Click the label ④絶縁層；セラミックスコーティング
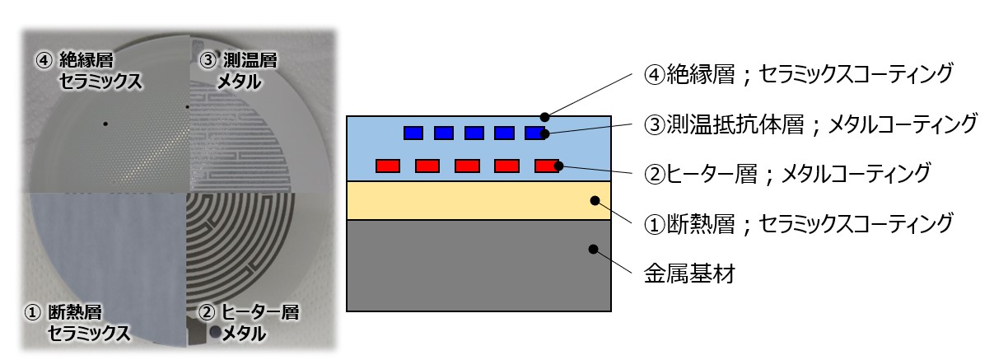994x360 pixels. coord(798,74)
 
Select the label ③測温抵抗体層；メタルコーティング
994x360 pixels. coord(810,124)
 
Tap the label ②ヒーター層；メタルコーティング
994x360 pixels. coord(787,174)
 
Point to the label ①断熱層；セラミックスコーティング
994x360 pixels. coord(798,222)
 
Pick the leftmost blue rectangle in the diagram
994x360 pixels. coord(413,133)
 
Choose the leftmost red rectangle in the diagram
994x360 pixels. coord(388,166)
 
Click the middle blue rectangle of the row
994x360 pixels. coord(474,133)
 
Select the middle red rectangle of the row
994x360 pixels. coord(467,166)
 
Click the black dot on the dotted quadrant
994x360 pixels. coord(105,124)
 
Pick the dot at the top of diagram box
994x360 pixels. coord(544,117)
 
